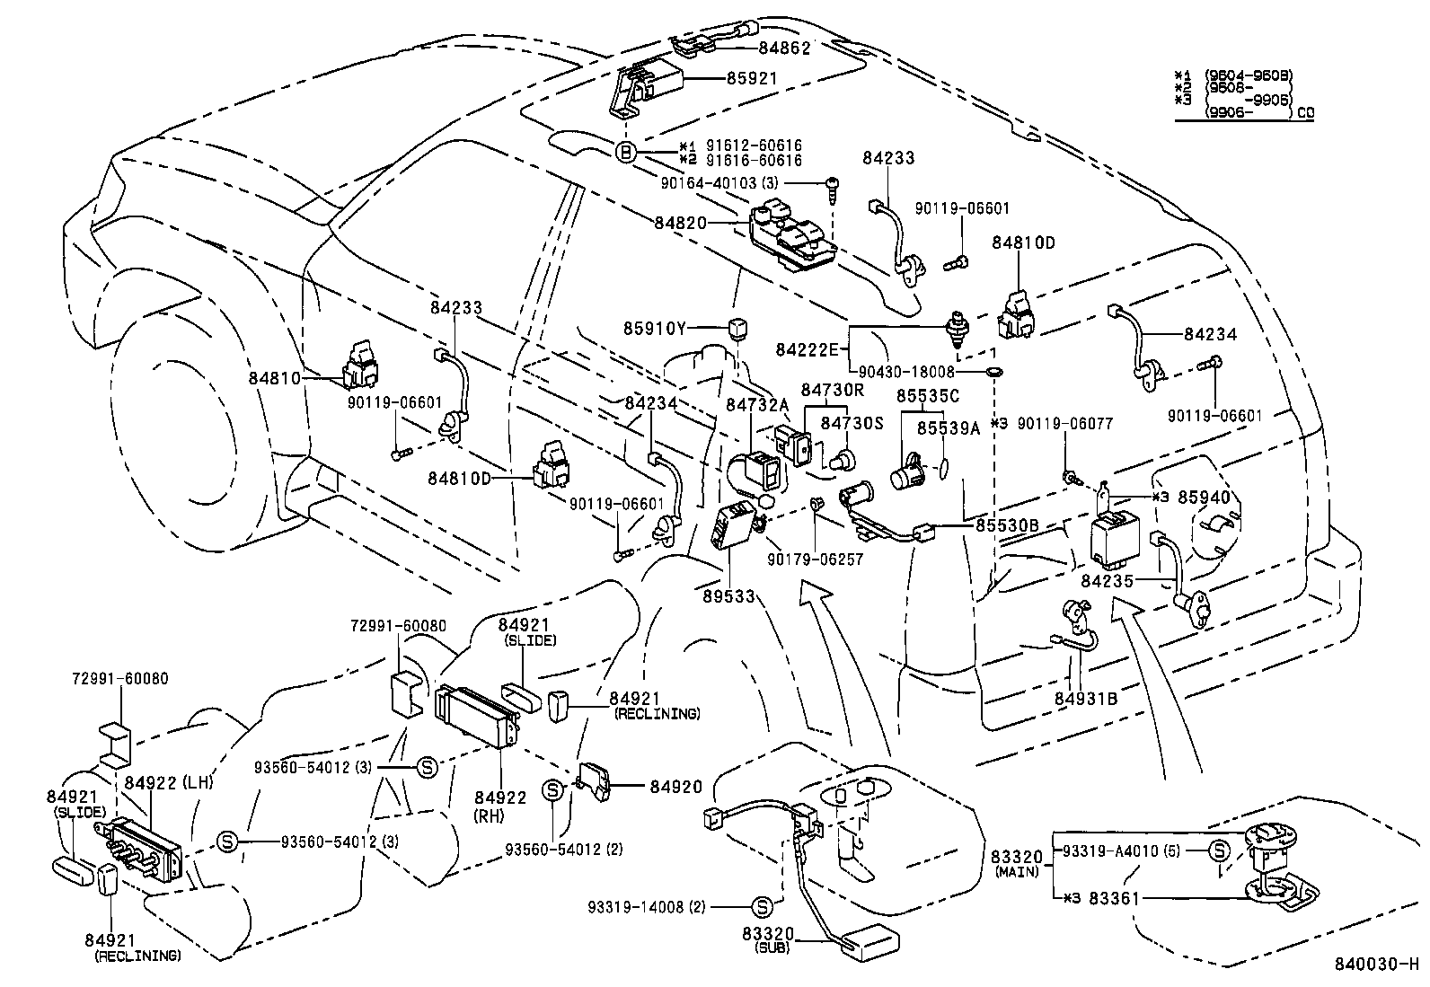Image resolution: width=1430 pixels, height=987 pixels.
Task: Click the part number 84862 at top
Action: (x=784, y=48)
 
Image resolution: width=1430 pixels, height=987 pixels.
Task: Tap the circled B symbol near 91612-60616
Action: (x=626, y=153)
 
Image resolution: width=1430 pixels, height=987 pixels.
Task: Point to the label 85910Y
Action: (x=655, y=328)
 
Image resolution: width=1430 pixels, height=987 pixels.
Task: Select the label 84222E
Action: (x=807, y=348)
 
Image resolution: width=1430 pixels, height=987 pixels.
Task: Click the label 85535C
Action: (x=928, y=395)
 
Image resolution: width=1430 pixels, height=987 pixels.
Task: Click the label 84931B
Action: (x=1086, y=698)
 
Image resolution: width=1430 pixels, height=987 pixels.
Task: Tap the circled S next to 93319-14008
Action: (x=761, y=906)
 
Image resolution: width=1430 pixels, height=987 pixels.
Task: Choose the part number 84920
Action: (x=675, y=787)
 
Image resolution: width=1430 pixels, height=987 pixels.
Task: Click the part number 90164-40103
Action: (x=709, y=183)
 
